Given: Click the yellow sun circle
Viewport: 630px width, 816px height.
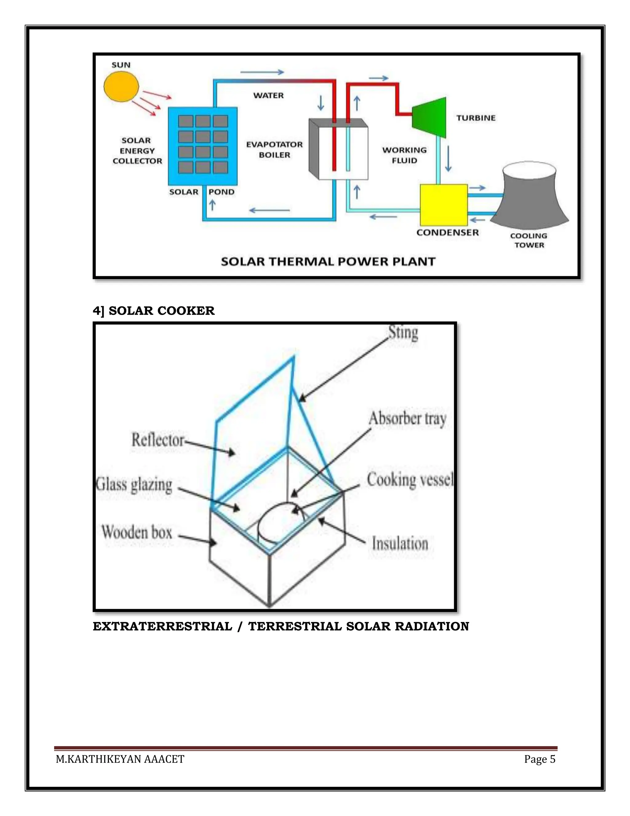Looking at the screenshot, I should (x=121, y=86).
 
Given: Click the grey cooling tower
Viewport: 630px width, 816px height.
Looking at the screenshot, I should (x=529, y=196).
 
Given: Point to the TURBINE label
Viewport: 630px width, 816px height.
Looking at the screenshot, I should (x=476, y=118).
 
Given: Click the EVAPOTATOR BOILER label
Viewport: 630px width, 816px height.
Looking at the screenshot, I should (x=274, y=149).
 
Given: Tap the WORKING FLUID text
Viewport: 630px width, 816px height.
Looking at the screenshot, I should (x=404, y=155).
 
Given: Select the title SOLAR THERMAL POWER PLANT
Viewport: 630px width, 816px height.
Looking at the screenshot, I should (x=328, y=261).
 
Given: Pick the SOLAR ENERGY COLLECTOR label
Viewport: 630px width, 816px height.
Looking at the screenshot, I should (x=137, y=151).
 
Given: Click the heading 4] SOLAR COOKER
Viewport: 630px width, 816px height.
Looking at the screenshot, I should (x=154, y=311).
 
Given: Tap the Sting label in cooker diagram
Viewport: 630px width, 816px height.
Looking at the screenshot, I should (x=403, y=333).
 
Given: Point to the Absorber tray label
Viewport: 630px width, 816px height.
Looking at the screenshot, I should (x=408, y=419).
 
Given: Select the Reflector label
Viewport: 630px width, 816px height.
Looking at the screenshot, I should (x=158, y=440).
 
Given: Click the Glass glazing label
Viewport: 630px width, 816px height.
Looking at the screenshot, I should (x=134, y=485).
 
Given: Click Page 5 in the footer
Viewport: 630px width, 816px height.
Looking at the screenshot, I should (x=540, y=759).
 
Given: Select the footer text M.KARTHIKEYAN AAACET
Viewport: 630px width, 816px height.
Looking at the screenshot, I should (x=120, y=759).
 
